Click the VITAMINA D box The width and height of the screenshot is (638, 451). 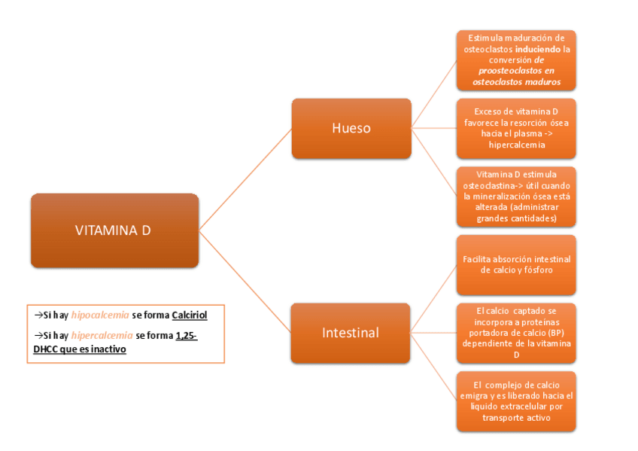114,230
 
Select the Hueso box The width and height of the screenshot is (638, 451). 351,128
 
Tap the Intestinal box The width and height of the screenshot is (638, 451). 351,332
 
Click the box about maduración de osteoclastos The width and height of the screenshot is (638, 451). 516,60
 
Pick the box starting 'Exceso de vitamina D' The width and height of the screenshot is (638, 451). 516,128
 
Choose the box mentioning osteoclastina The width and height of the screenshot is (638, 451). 516,197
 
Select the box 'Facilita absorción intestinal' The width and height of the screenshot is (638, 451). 516,264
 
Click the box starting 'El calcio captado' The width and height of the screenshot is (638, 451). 516,332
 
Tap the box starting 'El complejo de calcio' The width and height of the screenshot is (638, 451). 516,401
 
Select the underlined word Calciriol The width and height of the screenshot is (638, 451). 189,315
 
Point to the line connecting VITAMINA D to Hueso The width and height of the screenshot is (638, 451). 245,178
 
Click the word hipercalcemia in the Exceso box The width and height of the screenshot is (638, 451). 517,145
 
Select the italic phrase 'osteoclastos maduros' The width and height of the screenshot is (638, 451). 517,82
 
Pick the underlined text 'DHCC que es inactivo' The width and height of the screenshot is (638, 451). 80,349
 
